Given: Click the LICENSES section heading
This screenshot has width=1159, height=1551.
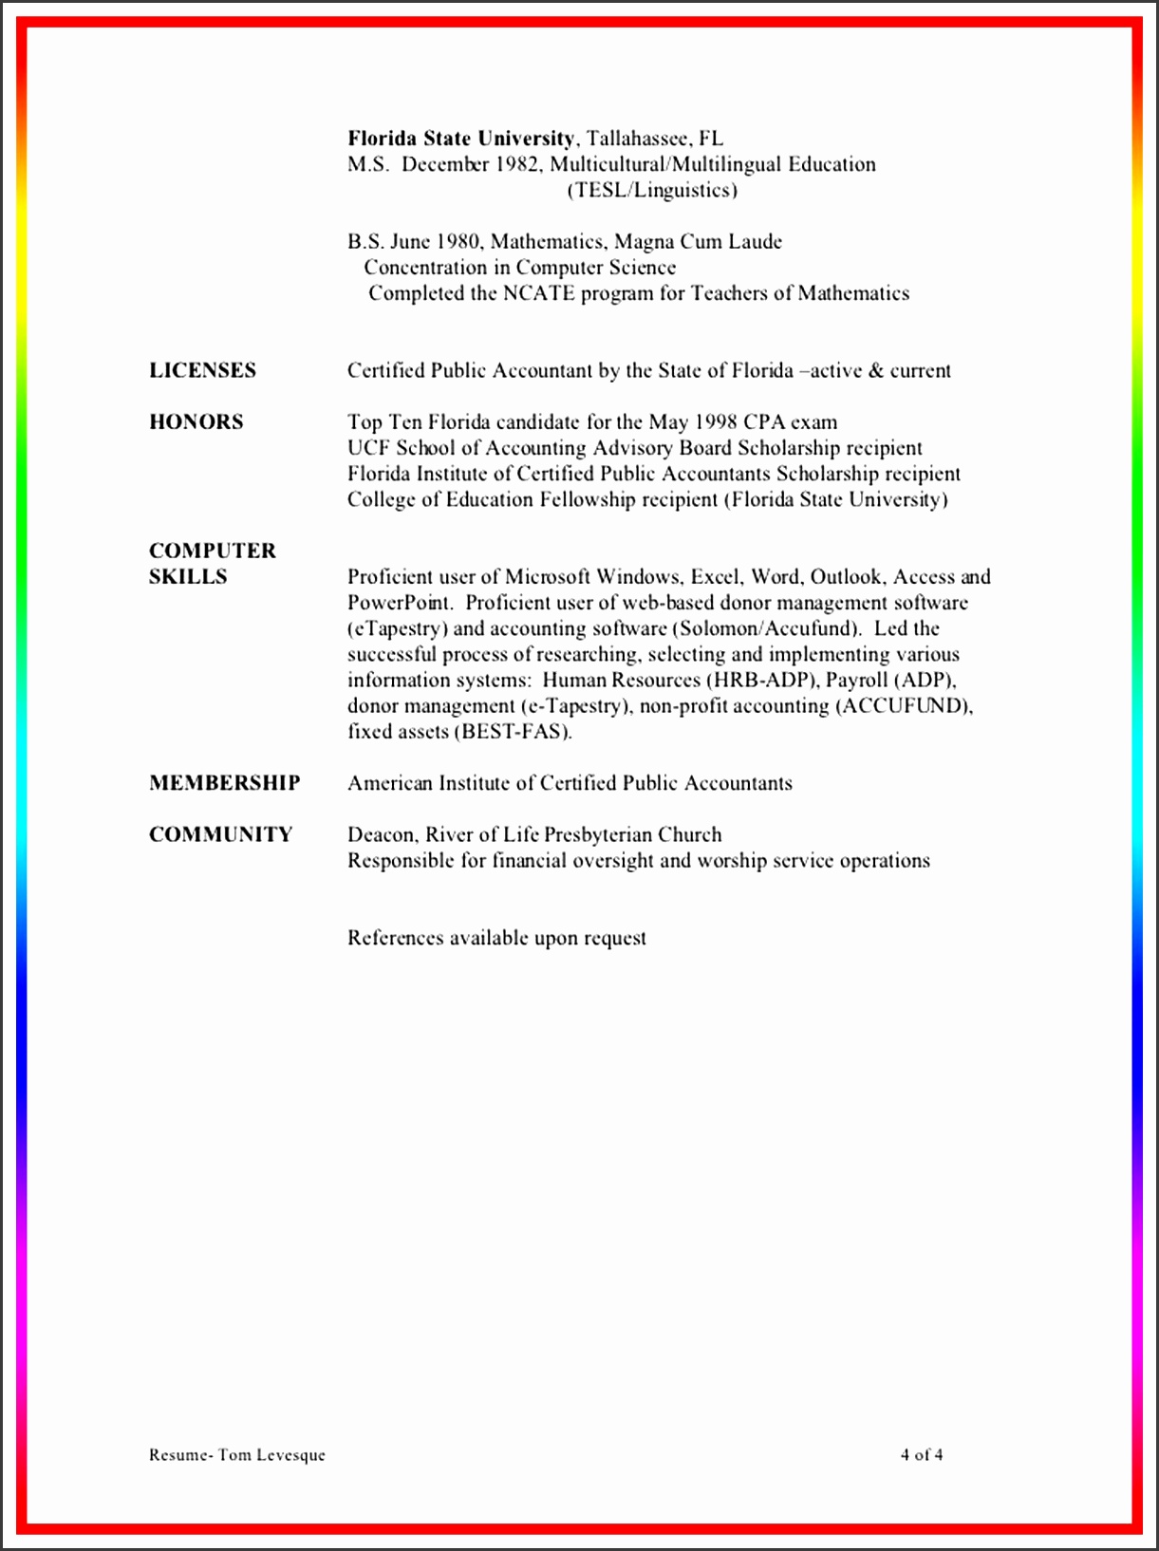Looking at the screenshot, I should (x=202, y=370).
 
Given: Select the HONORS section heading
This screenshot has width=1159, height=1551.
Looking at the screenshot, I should (x=196, y=421).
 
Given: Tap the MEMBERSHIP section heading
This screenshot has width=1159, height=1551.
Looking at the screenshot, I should (x=224, y=783).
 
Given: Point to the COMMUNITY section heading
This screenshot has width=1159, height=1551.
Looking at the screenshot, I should (x=220, y=834).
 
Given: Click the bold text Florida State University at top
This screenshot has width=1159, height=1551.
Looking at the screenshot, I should (x=460, y=139).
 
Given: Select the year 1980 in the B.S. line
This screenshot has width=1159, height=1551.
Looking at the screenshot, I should (x=458, y=242).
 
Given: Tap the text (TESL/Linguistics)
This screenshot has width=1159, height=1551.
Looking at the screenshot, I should (x=652, y=190).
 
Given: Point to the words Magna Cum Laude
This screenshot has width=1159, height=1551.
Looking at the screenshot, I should (x=699, y=242).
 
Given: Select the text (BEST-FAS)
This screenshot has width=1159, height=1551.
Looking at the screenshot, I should (x=514, y=732).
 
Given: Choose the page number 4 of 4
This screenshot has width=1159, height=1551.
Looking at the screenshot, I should (x=922, y=1454).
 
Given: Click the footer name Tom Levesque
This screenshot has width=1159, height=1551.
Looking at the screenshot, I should (x=271, y=1455).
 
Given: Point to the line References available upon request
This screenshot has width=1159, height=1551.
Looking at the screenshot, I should (x=496, y=938).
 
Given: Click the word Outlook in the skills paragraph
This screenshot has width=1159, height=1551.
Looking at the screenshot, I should (x=846, y=577).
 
